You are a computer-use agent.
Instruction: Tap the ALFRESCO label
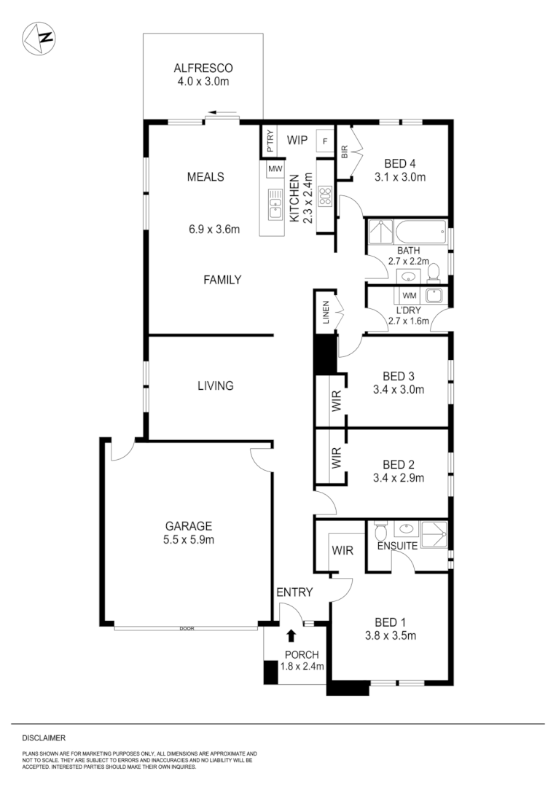(203, 69)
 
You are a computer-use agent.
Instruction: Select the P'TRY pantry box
(270, 141)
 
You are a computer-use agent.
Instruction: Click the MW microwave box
(275, 169)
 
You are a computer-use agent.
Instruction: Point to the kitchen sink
(275, 204)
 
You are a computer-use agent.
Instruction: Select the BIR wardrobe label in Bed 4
(345, 152)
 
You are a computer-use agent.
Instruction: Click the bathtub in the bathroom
(420, 233)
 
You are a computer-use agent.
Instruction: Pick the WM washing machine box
(409, 295)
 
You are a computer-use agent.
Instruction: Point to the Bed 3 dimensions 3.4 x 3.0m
(399, 389)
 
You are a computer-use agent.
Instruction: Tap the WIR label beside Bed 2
(337, 458)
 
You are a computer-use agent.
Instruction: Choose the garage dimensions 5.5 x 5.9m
(188, 539)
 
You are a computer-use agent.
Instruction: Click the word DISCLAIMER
(44, 737)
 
